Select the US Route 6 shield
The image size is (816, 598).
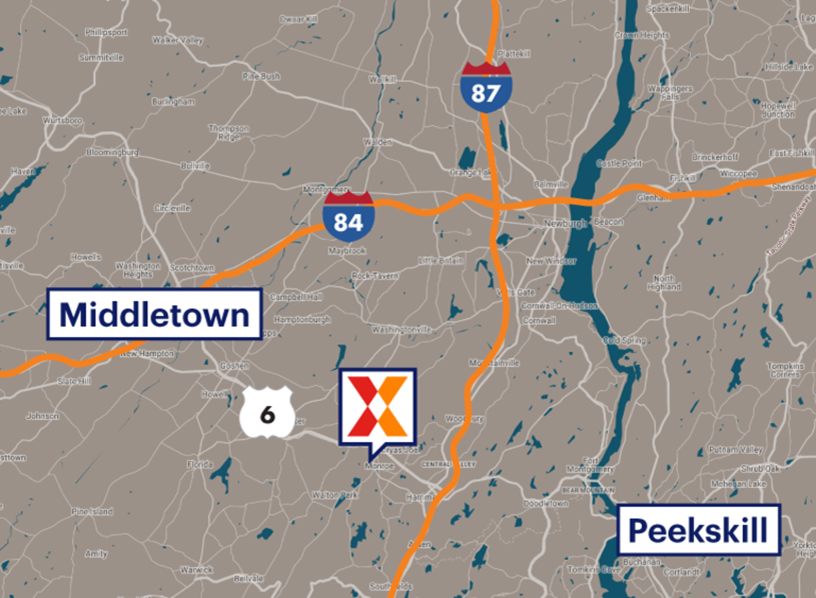(267, 412)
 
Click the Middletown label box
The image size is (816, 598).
(155, 314)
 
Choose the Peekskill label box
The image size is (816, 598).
(698, 530)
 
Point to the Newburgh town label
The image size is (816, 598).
(565, 223)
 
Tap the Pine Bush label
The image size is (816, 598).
(261, 76)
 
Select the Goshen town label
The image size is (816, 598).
(234, 366)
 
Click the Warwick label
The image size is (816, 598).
(196, 569)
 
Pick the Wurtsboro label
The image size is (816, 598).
(62, 120)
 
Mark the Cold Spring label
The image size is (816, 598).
(624, 340)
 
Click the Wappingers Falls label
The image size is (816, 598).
(670, 93)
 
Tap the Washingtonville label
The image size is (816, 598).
(401, 330)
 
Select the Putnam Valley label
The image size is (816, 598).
(735, 450)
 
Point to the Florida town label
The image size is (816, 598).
(199, 464)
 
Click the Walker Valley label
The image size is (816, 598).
(177, 40)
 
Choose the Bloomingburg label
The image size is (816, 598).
(112, 152)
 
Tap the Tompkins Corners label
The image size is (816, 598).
(785, 370)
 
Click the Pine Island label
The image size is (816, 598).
(92, 511)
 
